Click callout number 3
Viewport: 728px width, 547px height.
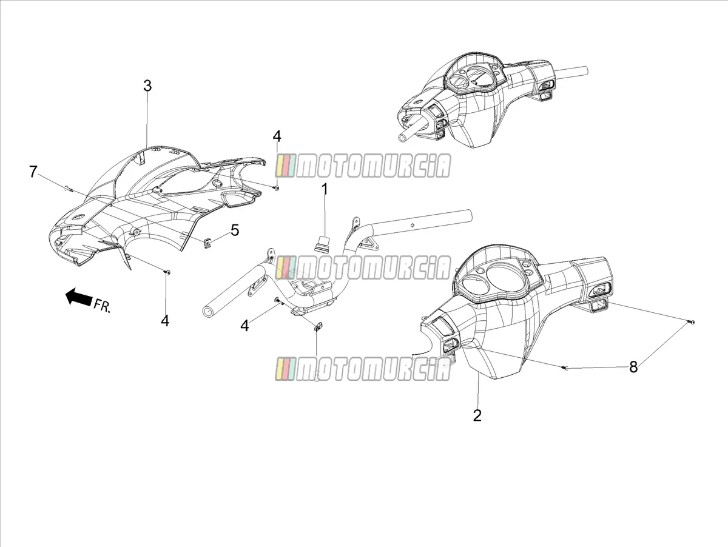click(x=147, y=86)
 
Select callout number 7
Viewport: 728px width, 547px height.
click(x=33, y=172)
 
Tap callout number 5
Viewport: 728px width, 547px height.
click(x=235, y=230)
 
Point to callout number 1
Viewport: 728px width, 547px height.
click(x=325, y=190)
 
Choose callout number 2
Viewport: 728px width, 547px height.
click(x=477, y=415)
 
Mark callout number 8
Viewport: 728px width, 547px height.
click(x=633, y=367)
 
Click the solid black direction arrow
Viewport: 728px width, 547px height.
click(x=79, y=296)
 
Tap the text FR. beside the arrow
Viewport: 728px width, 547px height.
click(x=101, y=305)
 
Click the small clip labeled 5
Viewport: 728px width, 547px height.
click(x=207, y=243)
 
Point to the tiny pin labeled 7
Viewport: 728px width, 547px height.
click(x=69, y=189)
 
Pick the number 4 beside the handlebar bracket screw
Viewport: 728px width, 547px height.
click(x=244, y=326)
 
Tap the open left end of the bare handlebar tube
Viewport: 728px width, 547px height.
click(x=207, y=312)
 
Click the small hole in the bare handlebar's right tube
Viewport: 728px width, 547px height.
click(x=411, y=226)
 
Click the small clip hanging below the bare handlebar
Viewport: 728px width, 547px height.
click(x=318, y=326)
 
